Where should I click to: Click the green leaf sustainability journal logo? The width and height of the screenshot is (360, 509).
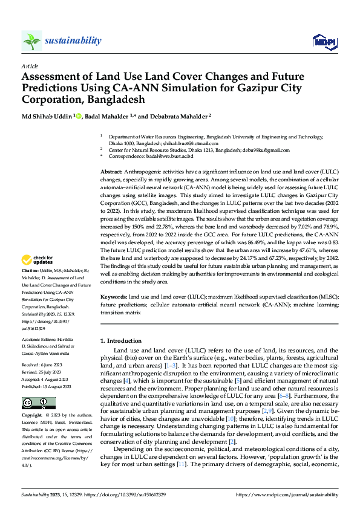tap(32, 41)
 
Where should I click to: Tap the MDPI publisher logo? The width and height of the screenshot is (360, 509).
tap(322, 41)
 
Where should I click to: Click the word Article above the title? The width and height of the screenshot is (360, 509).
tap(30, 66)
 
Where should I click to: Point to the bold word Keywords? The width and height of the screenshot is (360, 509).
tap(114, 297)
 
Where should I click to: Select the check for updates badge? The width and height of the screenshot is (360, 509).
tap(39, 261)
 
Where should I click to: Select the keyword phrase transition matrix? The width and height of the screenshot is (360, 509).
tap(120, 313)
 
